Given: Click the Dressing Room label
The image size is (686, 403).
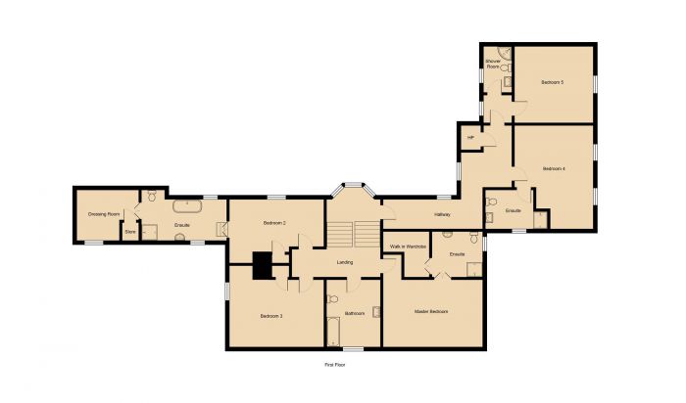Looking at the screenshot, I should point(104,214).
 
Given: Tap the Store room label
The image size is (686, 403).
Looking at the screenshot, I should point(129,232).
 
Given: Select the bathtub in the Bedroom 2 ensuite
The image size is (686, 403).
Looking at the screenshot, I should point(186,207).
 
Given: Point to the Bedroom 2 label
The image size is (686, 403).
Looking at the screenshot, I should point(273,224).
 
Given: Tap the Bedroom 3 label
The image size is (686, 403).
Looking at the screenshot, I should point(271,316).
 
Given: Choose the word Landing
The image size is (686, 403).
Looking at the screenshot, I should point(345,262).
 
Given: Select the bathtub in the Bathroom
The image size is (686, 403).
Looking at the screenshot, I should point(332,333).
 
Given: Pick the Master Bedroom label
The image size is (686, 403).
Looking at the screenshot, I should point(431,311).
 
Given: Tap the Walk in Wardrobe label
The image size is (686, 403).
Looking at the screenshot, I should point(407,246).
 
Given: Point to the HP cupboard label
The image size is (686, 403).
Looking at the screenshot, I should point(470,138).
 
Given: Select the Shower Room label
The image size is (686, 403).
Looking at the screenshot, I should point(493,65).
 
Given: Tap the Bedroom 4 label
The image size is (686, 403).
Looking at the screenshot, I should point(554,169).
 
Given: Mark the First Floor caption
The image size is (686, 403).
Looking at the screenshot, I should point(336,365).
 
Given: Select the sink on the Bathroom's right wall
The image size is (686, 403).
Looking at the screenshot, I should point(376,311).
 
